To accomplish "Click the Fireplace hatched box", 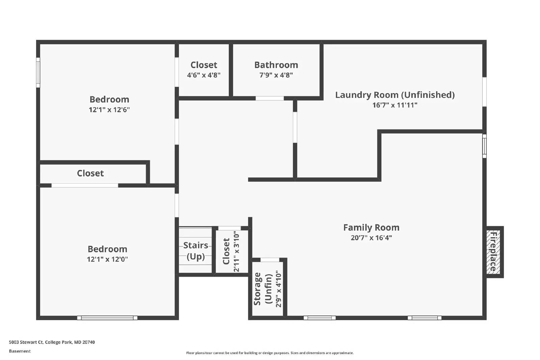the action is pos(493,252).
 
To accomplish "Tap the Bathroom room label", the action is pos(276,65).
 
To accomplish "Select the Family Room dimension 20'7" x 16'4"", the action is pos(371,238).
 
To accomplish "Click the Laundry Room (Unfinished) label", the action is pos(395,95).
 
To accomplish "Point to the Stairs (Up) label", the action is pos(195,251).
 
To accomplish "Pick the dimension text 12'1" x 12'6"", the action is pos(109,110).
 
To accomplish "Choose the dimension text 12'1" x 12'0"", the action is pos(107,259).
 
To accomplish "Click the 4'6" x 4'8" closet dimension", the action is pos(204,75).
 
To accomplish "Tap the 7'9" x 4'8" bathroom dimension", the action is pos(276,75).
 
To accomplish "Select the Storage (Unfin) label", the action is pos(263,289).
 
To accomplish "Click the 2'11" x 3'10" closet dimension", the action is pos(237,251).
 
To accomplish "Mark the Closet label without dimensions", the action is pos(90,173).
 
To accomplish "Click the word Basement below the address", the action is pos(20,351).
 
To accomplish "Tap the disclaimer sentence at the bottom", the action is pos(270,353).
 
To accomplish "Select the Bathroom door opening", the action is pos(270,98).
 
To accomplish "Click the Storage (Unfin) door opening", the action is pos(270,260).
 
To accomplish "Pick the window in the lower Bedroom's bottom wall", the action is pos(107,318).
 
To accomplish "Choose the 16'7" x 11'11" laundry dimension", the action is pos(395,105).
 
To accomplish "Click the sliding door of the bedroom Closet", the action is pos(85,185).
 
